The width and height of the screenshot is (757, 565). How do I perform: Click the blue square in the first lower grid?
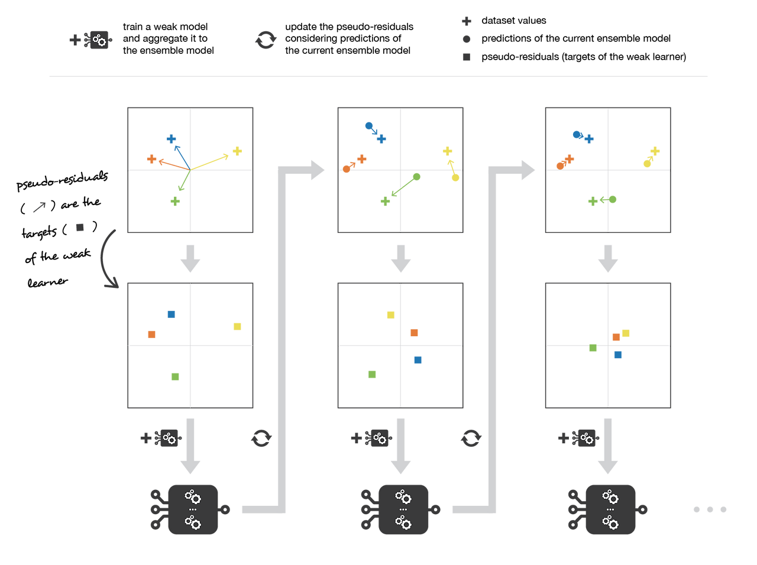[x=171, y=314]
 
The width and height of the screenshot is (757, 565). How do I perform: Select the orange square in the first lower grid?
[x=151, y=334]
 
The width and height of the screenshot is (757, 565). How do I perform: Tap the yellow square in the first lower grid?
[x=237, y=326]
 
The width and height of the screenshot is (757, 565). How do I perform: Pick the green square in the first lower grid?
[x=174, y=376]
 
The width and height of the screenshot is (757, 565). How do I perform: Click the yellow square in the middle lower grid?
[x=390, y=314]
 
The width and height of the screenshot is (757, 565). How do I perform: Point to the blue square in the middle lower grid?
[x=418, y=359]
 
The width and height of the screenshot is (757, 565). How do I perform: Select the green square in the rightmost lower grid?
[x=593, y=348]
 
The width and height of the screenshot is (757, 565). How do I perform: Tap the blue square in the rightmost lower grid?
[x=617, y=355]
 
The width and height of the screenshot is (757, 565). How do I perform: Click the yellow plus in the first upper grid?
[x=238, y=151]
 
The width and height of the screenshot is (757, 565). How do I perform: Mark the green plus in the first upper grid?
[x=174, y=202]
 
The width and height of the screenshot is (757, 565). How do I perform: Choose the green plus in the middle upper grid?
[x=385, y=202]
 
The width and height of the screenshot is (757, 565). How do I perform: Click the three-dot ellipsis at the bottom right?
[x=710, y=509]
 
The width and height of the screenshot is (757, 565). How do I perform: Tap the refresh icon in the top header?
[x=266, y=40]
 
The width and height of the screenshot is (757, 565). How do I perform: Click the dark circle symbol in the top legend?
[x=466, y=39]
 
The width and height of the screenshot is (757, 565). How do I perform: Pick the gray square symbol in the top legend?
[x=466, y=57]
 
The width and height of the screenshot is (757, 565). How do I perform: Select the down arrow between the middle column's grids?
[x=401, y=258]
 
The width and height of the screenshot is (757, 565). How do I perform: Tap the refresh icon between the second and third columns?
[x=471, y=438]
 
